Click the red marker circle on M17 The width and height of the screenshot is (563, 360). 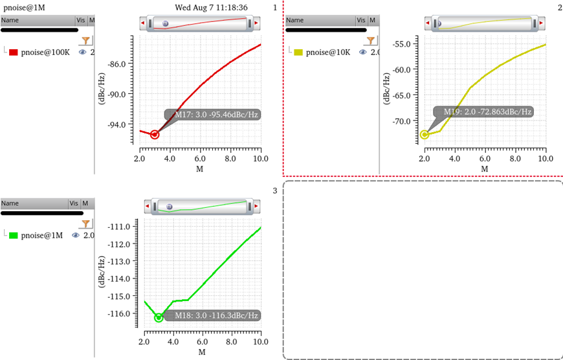pyautogui.click(x=155, y=134)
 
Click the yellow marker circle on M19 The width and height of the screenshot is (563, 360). pyautogui.click(x=425, y=135)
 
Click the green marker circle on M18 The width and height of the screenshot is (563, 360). pyautogui.click(x=159, y=317)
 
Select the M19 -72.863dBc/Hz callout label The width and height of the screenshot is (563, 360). pyautogui.click(x=487, y=112)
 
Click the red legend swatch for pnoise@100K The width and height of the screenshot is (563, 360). pyautogui.click(x=13, y=52)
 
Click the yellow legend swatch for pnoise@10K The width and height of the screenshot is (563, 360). pyautogui.click(x=298, y=52)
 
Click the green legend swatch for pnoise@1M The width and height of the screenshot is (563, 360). pyautogui.click(x=13, y=235)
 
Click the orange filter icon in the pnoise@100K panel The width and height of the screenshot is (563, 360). pyautogui.click(x=85, y=41)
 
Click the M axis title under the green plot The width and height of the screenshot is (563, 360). pyautogui.click(x=202, y=352)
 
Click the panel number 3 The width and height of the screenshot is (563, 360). pyautogui.click(x=274, y=190)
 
